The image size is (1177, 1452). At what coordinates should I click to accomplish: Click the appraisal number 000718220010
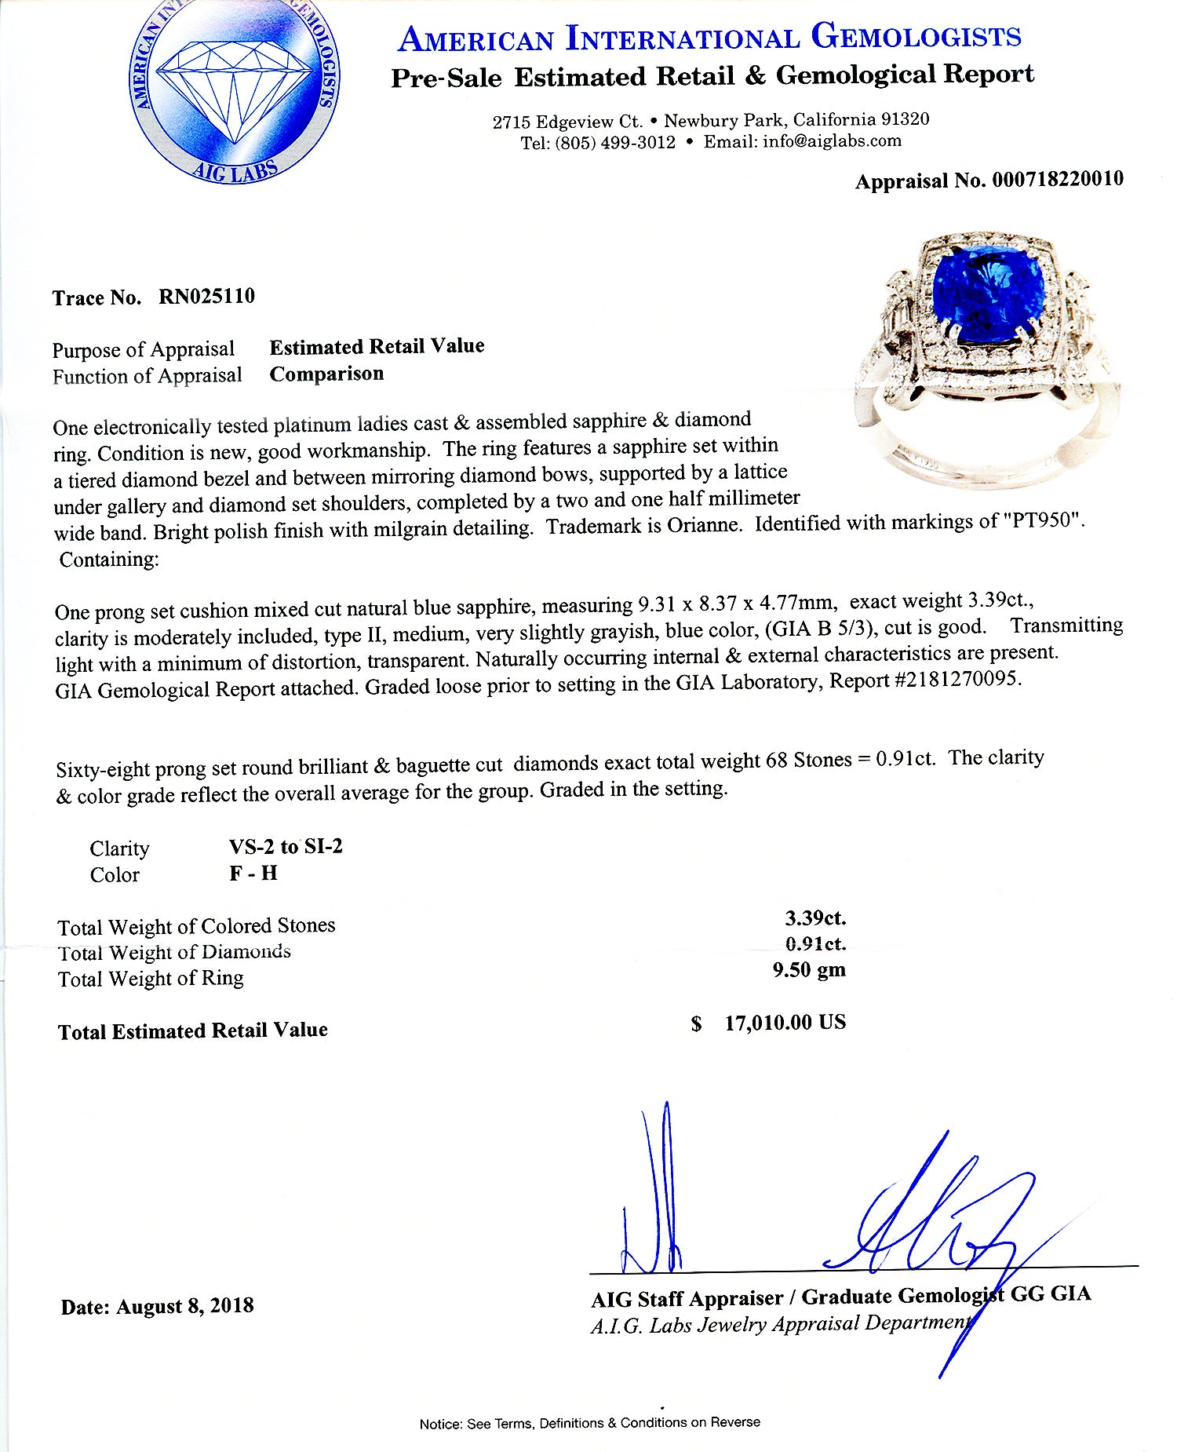(1057, 180)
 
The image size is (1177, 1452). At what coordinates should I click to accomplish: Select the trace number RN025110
(206, 297)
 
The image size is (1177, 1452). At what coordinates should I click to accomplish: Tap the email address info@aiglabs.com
(832, 141)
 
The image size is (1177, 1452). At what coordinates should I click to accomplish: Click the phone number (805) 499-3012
(615, 143)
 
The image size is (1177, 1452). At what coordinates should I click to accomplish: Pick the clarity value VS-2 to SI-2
(286, 847)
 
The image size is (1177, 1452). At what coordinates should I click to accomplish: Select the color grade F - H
(253, 874)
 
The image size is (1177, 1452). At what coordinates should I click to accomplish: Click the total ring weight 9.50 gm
(808, 970)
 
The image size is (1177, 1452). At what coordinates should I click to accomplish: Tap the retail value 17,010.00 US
(785, 1023)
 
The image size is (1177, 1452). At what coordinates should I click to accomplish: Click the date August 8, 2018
(185, 1306)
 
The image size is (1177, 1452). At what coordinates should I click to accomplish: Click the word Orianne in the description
(703, 525)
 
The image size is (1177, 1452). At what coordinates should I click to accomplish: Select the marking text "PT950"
(1044, 520)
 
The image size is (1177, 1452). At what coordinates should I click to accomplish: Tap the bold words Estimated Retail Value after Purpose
(377, 347)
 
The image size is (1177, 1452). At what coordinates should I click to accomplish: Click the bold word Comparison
(326, 374)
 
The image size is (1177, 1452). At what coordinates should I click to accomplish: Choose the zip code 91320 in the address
(905, 119)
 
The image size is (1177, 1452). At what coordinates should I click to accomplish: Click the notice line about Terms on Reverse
(589, 1423)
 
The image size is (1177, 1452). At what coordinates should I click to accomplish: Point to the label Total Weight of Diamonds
(174, 953)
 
